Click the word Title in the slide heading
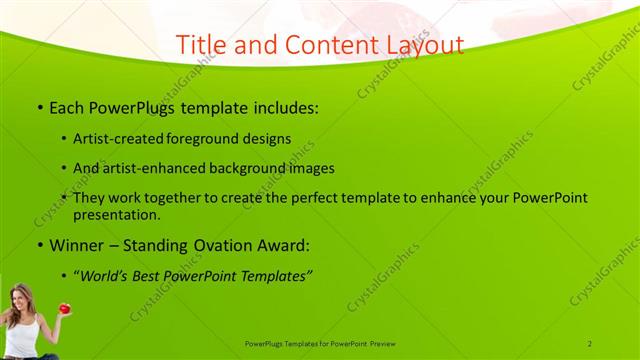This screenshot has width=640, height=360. [200, 45]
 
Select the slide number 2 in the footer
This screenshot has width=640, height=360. [590, 343]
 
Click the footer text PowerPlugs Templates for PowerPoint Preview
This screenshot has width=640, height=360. [320, 343]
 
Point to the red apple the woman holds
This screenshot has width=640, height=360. [64, 309]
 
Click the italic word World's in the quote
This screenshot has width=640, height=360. [109, 274]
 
